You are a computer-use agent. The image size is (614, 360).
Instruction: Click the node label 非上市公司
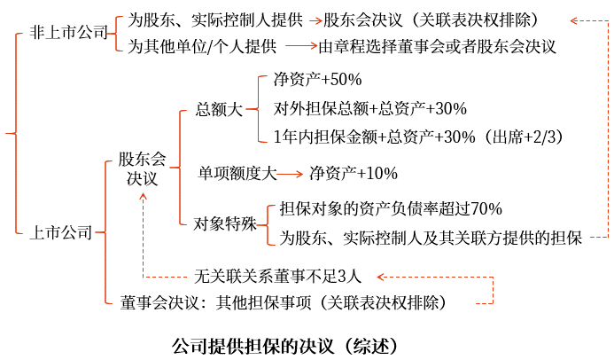point(68,33)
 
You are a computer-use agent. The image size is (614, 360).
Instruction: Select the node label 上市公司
point(61,232)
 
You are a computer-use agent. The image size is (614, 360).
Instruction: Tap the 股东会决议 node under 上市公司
point(142,168)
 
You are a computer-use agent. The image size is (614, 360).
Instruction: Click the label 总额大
point(220,109)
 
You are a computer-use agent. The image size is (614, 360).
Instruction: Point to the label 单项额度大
point(237,173)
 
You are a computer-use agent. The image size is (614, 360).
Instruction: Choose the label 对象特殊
point(225,224)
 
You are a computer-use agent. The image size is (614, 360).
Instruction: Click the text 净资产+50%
point(317,80)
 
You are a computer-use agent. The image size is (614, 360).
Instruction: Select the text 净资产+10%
point(354,173)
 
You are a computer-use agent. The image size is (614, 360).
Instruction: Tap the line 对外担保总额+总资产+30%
point(370,108)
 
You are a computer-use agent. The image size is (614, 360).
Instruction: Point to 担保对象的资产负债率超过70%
point(391,208)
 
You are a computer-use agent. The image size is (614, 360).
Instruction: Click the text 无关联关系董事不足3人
point(277,277)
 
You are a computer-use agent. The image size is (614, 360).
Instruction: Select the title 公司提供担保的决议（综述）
point(285,346)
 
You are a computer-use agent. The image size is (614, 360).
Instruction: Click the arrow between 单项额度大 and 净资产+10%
point(290,174)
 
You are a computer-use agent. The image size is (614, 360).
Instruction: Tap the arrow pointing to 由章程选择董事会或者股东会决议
point(301,46)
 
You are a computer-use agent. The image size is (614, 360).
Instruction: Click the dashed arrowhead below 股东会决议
point(143,198)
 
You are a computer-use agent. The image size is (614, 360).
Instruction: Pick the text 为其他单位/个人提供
point(202,47)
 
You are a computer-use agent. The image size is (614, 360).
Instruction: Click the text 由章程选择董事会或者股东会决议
point(437,47)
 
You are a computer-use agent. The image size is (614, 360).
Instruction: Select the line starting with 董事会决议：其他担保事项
point(284,302)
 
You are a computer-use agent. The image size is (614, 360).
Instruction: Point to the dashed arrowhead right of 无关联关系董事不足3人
point(381,277)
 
